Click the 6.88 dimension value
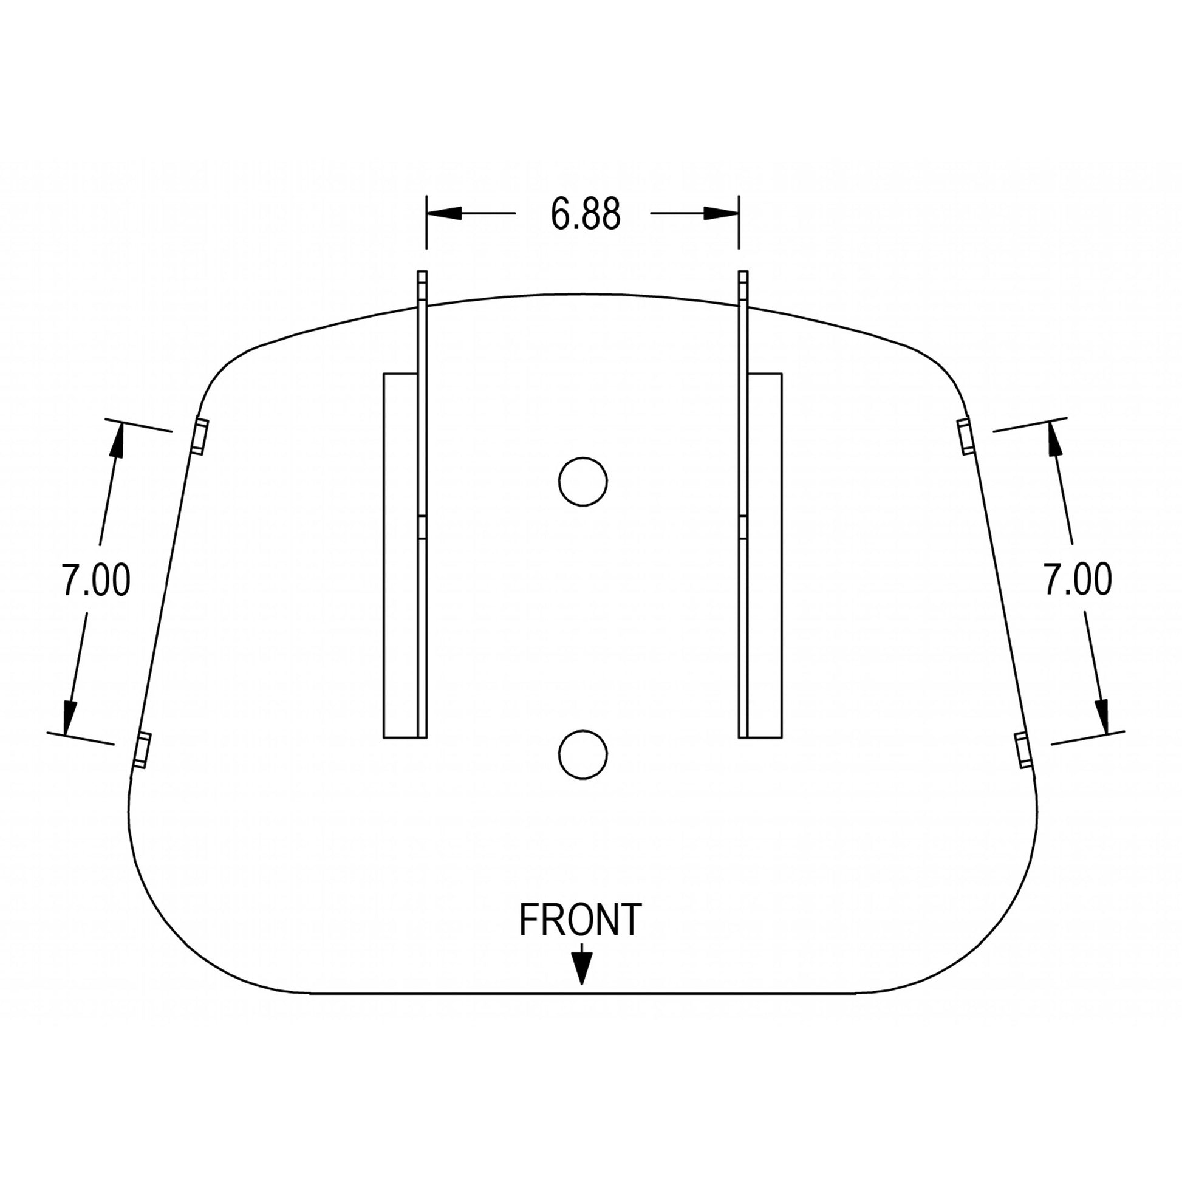coord(586,214)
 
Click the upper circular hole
coord(583,482)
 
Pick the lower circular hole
coord(583,755)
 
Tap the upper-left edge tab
coord(199,436)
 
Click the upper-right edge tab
coord(965,436)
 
